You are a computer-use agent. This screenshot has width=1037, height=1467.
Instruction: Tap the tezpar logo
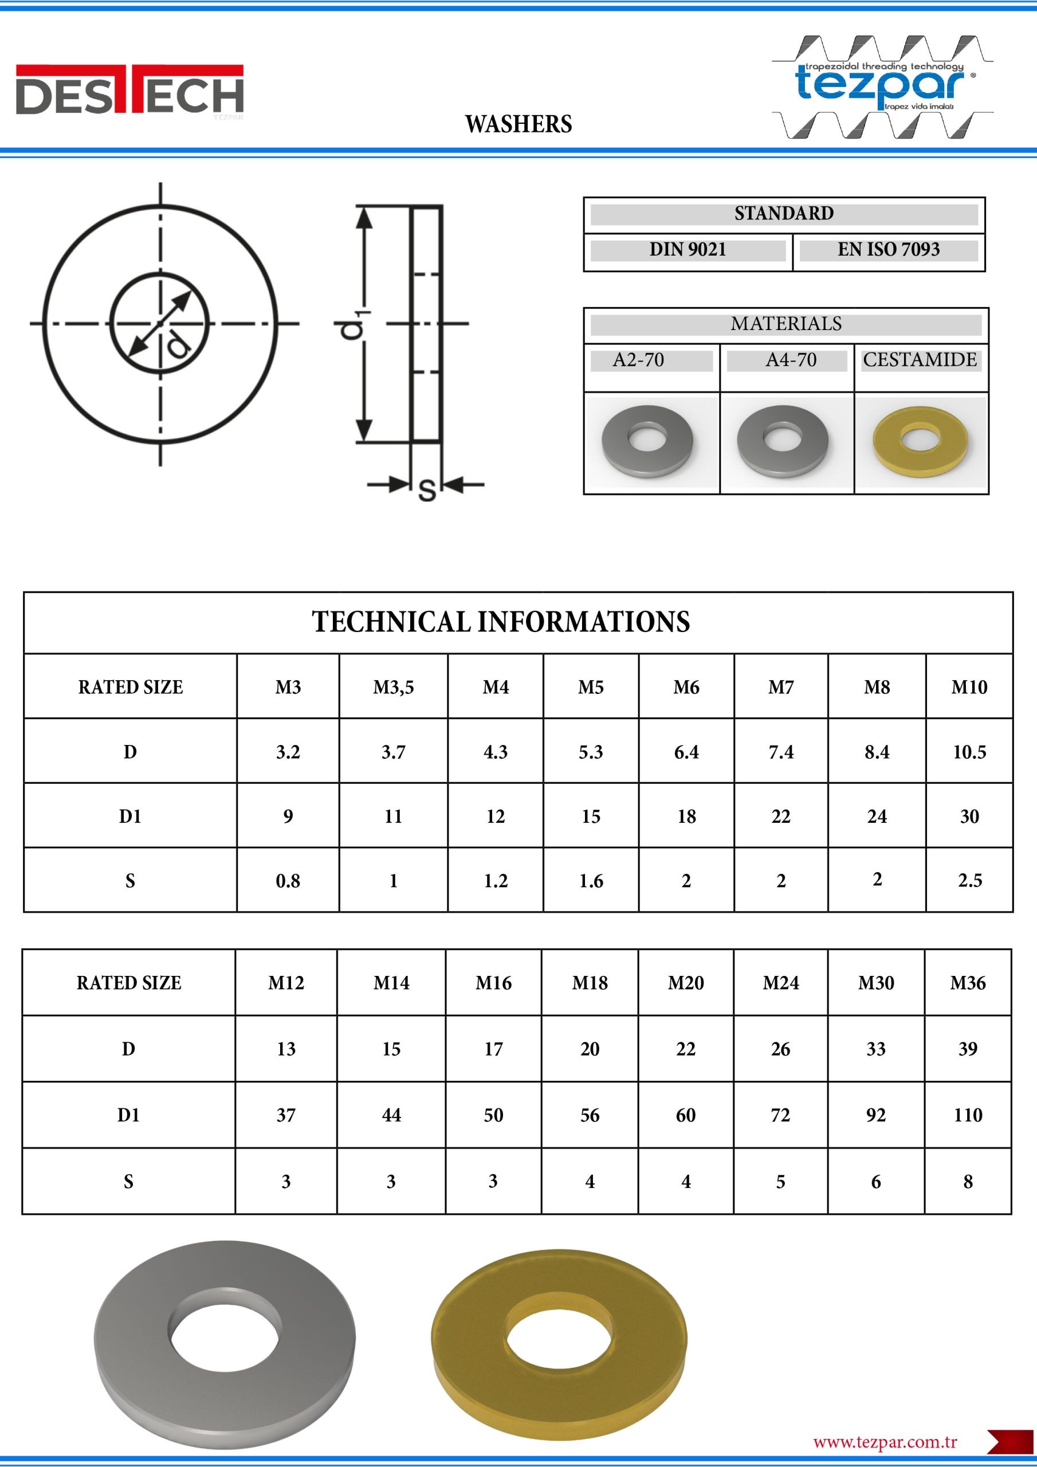(882, 87)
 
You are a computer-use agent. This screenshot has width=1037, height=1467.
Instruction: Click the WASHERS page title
(518, 124)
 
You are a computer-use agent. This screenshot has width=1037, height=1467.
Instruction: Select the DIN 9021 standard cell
(688, 249)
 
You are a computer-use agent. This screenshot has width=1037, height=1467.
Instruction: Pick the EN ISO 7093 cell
(888, 249)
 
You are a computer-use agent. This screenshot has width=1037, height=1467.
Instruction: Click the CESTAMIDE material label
(920, 360)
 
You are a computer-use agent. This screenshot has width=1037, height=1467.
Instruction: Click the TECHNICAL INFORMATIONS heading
(501, 622)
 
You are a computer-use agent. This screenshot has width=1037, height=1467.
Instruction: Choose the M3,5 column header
(393, 688)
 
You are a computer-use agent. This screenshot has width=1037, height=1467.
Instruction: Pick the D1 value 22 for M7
(781, 816)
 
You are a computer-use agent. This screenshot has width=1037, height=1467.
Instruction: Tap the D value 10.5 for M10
(969, 752)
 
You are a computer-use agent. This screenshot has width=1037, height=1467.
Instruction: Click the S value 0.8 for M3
(288, 881)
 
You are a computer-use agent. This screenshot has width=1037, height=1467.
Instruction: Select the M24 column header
(780, 983)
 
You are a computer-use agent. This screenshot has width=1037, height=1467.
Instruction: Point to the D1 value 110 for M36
(967, 1115)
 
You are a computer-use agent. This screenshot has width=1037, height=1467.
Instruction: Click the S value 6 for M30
(875, 1182)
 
